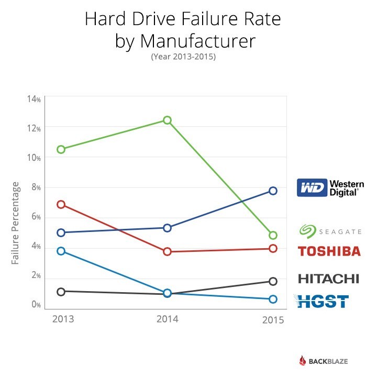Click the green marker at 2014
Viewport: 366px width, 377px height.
167,120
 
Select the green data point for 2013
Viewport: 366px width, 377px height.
61,149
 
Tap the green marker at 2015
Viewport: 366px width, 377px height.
273,235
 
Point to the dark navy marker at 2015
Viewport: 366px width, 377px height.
273,191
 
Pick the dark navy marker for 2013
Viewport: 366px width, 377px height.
61,232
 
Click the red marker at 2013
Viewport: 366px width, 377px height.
61,204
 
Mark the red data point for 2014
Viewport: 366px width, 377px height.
167,251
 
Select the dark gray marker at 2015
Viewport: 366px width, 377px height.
273,281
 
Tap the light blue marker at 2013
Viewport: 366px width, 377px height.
61,251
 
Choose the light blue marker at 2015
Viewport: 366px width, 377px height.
273,299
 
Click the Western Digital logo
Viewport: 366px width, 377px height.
328,187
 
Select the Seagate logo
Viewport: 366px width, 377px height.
330,231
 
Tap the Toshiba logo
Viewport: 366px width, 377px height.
329,251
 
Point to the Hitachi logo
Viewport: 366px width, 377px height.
328,278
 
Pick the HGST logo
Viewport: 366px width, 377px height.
322,301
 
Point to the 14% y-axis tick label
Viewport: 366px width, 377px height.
34,99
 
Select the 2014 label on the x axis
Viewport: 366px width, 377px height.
167,318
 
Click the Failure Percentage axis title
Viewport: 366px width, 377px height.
16,223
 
